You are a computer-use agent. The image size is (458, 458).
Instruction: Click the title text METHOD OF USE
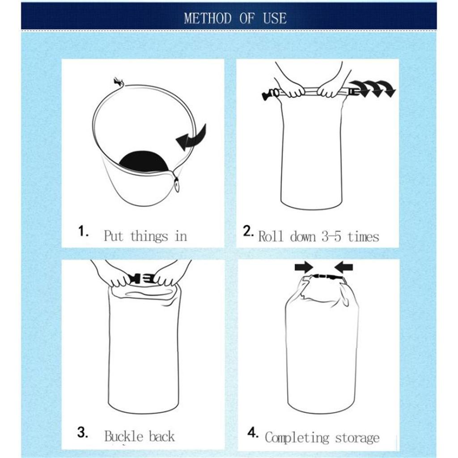(235, 18)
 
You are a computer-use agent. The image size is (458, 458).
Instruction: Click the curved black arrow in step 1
(192, 136)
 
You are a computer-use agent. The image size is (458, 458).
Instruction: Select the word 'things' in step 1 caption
(149, 236)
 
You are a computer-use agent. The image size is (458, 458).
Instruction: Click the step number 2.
(249, 231)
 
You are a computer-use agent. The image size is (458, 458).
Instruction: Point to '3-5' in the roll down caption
(331, 236)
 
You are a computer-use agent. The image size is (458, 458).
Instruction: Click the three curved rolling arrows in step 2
(373, 89)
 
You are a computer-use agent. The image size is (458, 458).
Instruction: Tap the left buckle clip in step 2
(269, 94)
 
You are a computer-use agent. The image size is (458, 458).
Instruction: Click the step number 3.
(83, 433)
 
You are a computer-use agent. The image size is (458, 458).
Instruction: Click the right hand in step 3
(169, 276)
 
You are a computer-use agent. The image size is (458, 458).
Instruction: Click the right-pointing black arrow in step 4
(304, 267)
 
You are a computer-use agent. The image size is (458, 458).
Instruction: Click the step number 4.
(253, 433)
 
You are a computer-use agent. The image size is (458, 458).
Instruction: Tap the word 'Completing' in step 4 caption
(297, 437)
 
